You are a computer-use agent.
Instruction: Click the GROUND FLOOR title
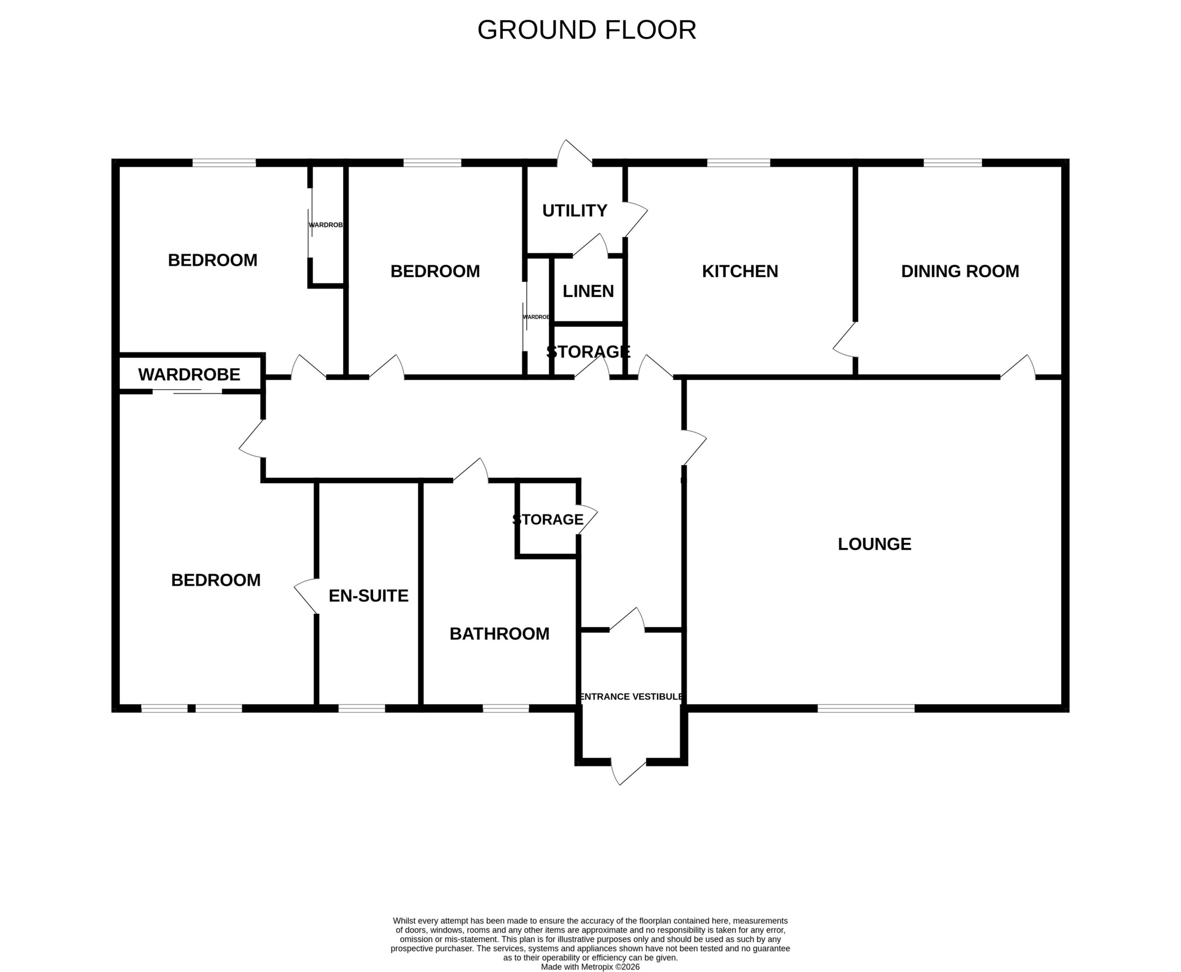(586, 30)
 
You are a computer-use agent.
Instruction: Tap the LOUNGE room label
(874, 544)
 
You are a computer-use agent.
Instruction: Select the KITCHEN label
(740, 271)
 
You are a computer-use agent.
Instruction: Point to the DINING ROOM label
(960, 271)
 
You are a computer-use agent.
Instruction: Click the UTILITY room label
(574, 210)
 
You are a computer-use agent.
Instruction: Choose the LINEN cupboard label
(588, 291)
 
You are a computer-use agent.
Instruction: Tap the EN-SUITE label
(369, 596)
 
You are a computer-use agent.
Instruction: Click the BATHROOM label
(500, 634)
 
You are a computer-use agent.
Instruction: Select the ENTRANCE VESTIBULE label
(631, 697)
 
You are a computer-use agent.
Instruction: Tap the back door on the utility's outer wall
(574, 153)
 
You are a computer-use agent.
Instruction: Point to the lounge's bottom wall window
(866, 708)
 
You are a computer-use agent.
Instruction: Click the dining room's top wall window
(953, 163)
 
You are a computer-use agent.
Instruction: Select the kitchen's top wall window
(739, 163)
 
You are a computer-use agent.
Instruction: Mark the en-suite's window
(362, 708)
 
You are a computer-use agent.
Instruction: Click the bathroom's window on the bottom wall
(506, 708)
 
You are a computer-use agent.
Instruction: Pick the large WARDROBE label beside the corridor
(189, 375)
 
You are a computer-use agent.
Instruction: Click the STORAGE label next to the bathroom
(548, 519)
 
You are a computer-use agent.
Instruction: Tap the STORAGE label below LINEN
(589, 352)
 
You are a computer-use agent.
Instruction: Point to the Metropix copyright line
(590, 967)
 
